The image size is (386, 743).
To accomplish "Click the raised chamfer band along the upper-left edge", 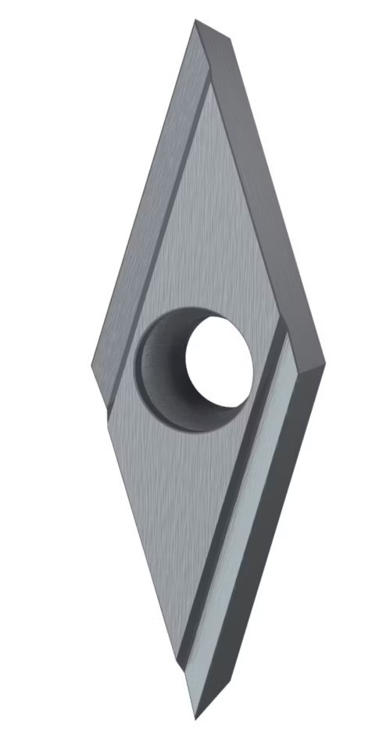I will (148, 196).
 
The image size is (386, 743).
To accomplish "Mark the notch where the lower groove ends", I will (181, 665).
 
